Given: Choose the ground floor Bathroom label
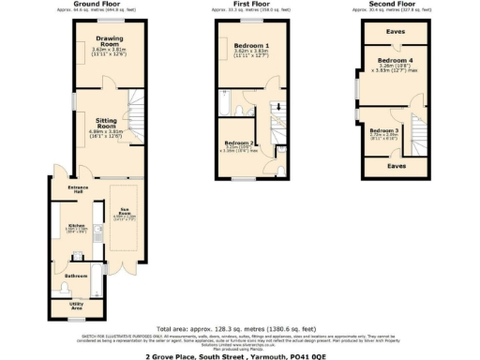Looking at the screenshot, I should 76,276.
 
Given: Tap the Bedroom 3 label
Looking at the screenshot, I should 383,130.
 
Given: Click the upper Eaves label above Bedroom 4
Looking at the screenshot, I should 396,30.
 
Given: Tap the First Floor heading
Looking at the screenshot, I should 250,4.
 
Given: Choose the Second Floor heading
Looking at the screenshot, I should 395,4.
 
